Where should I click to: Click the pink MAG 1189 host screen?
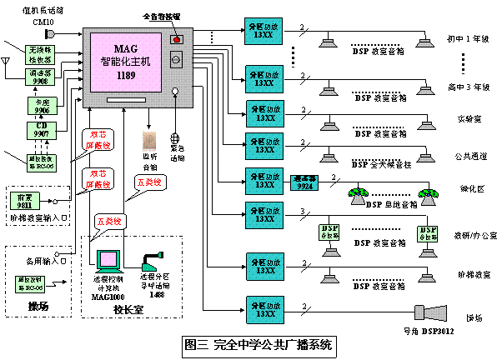point(126,62)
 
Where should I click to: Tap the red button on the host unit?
point(176,39)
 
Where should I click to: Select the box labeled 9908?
point(40,77)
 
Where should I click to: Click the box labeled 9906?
point(42,106)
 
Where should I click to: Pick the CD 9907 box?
point(41,130)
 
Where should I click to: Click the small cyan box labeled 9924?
point(304,182)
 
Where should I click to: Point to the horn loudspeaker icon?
point(431,312)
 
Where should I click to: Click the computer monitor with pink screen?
point(108,260)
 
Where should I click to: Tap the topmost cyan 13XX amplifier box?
point(264,31)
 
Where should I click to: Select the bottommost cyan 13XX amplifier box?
point(264,310)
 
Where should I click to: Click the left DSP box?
point(329,232)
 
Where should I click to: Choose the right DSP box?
point(428,233)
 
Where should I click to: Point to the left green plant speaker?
point(358,197)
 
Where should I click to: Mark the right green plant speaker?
point(429,197)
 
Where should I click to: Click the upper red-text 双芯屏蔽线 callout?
point(98,139)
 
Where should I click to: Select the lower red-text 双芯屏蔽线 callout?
point(98,178)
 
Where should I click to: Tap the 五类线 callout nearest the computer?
point(110,222)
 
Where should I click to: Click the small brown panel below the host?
point(149,141)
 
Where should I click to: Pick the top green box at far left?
point(40,55)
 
